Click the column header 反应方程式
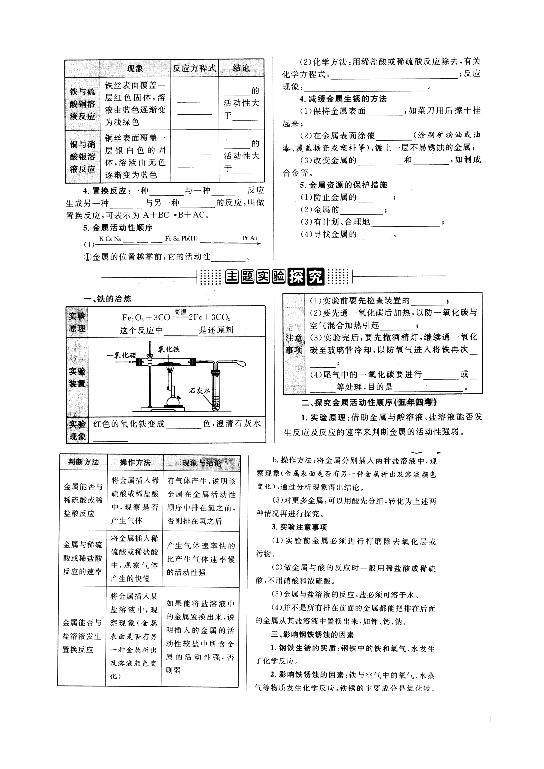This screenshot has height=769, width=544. click(194, 68)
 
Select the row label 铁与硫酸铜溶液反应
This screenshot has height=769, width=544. click(83, 104)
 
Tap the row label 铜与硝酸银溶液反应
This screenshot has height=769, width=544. click(83, 157)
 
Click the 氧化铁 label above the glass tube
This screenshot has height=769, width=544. click(169, 349)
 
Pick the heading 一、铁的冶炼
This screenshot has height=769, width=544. click(108, 299)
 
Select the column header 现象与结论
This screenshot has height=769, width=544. click(202, 463)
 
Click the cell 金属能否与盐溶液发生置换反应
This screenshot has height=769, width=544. click(82, 636)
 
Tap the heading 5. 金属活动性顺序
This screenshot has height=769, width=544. click(118, 228)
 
